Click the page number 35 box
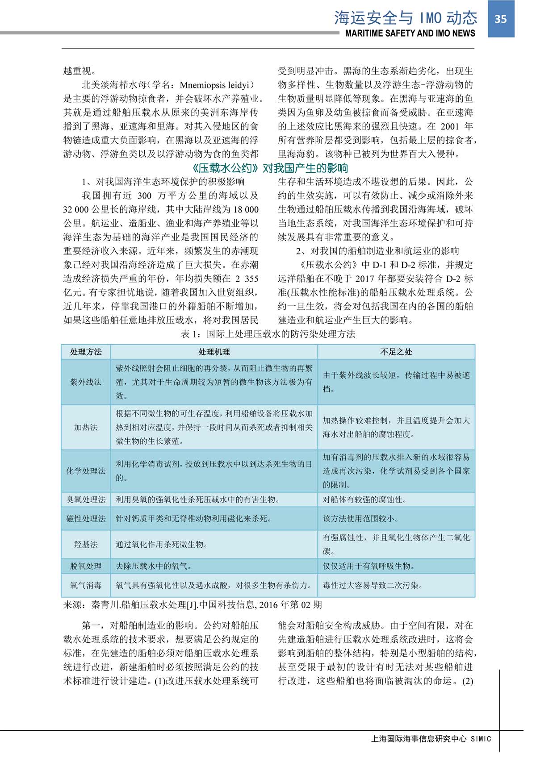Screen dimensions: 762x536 [501, 19]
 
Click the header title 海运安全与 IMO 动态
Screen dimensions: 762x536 [406, 18]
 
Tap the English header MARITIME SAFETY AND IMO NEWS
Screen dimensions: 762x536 [410, 33]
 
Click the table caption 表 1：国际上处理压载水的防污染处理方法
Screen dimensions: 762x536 [268, 334]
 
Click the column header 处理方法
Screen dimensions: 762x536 [86, 352]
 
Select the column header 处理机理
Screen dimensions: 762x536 [214, 352]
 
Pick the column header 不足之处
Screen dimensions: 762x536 [396, 352]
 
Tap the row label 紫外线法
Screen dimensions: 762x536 [86, 382]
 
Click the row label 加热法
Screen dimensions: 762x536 [86, 427]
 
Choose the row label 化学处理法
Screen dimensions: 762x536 [86, 471]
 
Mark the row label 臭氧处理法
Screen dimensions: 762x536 [86, 500]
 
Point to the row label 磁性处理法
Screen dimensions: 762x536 [86, 519]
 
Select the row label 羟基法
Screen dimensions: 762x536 [86, 545]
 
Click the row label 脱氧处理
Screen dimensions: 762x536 [86, 566]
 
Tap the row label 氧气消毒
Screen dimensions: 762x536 [86, 585]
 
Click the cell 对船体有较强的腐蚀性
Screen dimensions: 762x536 [364, 500]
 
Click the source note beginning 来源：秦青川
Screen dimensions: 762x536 [192, 605]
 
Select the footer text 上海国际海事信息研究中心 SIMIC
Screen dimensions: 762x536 [431, 739]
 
